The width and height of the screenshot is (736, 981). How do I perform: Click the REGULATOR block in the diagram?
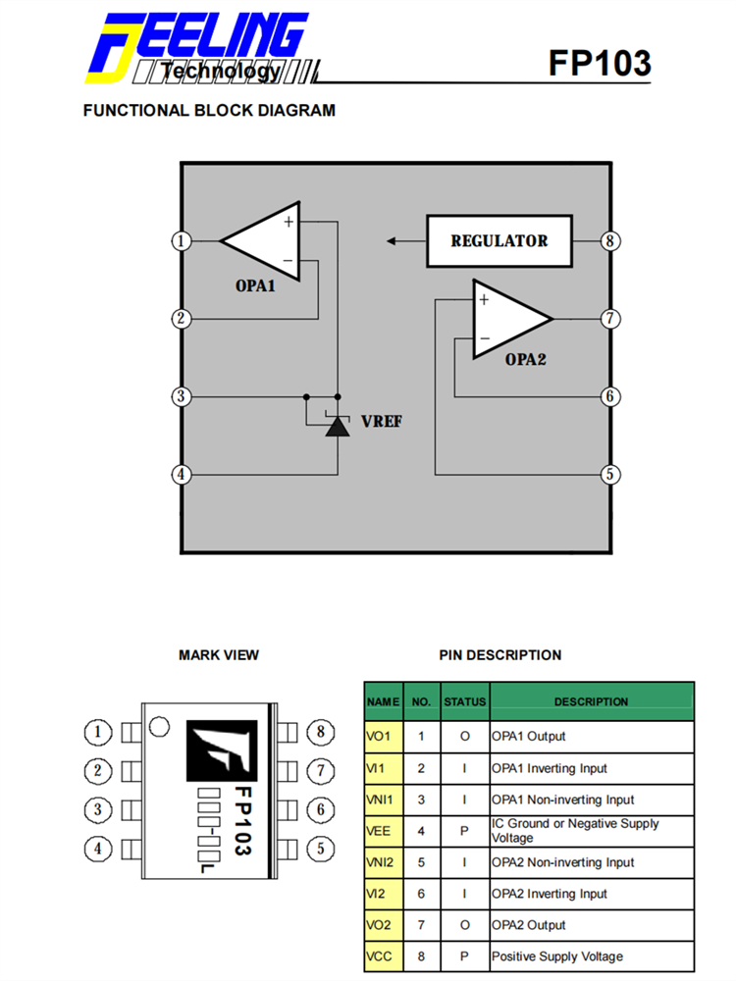[x=499, y=240]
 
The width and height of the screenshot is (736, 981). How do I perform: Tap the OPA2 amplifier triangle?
[x=505, y=319]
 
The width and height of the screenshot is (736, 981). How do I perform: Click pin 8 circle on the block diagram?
[x=610, y=240]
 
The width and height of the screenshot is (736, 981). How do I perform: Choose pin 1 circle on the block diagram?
[x=180, y=240]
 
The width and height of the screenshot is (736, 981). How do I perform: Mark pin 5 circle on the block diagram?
[x=610, y=475]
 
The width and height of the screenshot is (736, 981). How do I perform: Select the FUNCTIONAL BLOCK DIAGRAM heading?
[x=209, y=111]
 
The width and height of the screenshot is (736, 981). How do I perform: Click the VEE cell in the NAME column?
[x=383, y=831]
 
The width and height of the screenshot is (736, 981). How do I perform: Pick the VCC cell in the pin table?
[x=383, y=956]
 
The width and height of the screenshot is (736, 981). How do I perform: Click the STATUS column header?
[x=464, y=701]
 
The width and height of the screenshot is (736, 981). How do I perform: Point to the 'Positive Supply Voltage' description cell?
[x=592, y=956]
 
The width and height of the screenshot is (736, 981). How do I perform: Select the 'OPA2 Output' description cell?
[x=592, y=925]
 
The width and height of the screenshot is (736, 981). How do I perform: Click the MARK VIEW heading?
[x=219, y=655]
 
